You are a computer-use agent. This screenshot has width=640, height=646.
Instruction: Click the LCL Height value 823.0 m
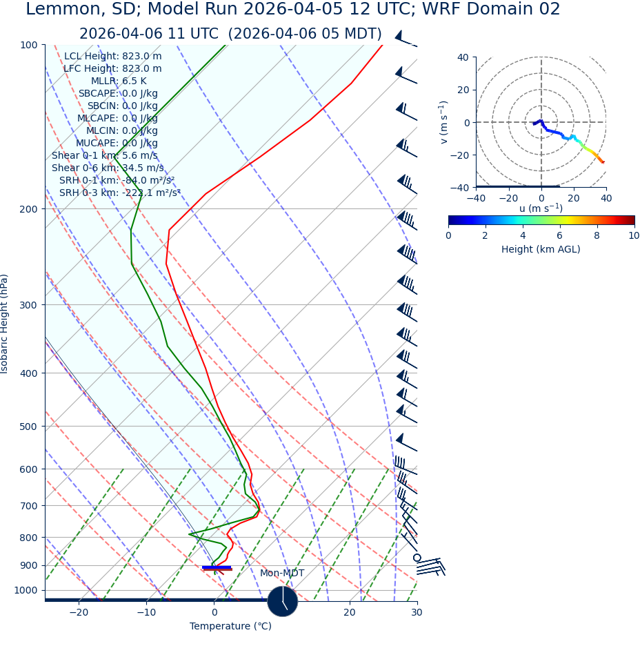(x=142, y=56)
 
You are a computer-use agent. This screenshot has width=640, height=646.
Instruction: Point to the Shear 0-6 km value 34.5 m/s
(x=141, y=168)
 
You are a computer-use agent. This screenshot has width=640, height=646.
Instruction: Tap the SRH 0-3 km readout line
(x=119, y=193)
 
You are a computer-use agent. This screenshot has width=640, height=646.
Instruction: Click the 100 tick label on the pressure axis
(x=28, y=45)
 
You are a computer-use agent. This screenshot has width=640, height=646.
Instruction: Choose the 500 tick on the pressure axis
(x=28, y=427)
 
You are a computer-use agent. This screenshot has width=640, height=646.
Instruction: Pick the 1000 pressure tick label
(x=26, y=590)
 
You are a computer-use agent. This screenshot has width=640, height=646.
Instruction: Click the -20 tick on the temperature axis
(x=79, y=612)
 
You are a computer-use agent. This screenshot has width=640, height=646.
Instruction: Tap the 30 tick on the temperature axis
(x=417, y=612)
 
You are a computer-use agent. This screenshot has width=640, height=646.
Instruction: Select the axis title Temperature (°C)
(x=230, y=626)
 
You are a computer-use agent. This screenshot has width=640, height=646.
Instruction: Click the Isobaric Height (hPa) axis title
(x=5, y=324)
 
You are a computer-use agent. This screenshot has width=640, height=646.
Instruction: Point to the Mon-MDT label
(x=281, y=573)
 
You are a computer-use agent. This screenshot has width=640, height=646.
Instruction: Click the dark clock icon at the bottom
(x=282, y=601)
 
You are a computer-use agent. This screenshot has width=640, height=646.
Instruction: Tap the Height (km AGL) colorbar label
(x=541, y=249)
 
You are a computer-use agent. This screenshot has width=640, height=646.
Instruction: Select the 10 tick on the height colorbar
(x=633, y=235)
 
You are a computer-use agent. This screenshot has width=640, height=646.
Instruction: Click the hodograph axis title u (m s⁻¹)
(x=541, y=208)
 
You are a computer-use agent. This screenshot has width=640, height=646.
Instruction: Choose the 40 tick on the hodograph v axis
(x=463, y=57)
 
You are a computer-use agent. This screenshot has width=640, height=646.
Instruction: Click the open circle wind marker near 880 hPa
(x=417, y=557)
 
